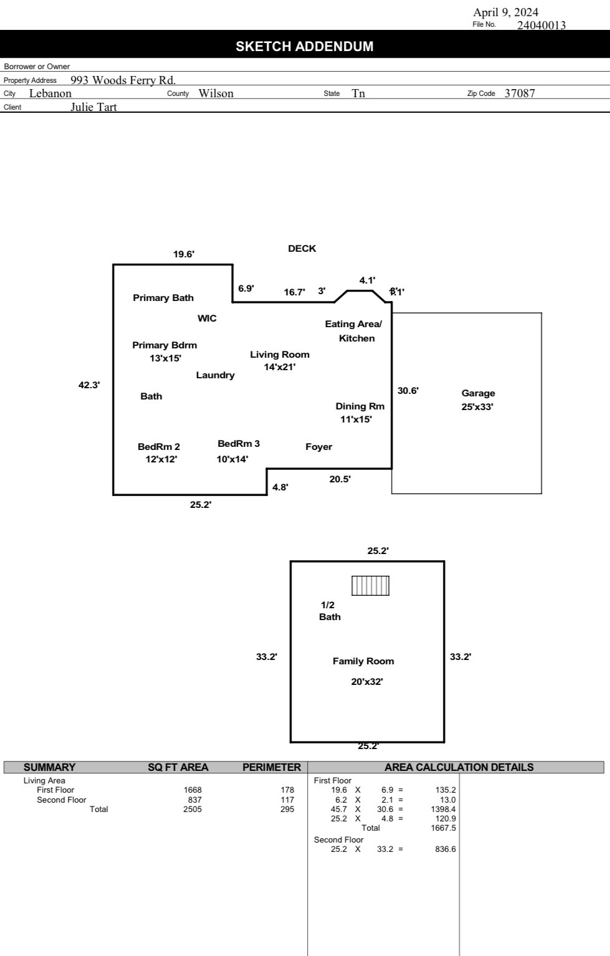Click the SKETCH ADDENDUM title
[305, 46]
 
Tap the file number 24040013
[541, 25]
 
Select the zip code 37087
[520, 93]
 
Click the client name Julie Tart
[93, 107]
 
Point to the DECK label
[302, 249]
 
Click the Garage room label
[478, 393]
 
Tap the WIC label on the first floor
[207, 318]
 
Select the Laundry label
[216, 375]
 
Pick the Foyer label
[318, 447]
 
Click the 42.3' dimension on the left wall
[89, 385]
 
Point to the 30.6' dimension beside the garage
[408, 391]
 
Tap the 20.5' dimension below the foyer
[340, 479]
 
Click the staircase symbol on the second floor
[370, 586]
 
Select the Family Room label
[363, 661]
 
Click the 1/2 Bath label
[330, 611]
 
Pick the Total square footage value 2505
[193, 809]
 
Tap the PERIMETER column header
[272, 767]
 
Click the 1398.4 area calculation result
[443, 809]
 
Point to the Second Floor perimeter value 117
[287, 800]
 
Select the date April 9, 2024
[505, 12]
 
